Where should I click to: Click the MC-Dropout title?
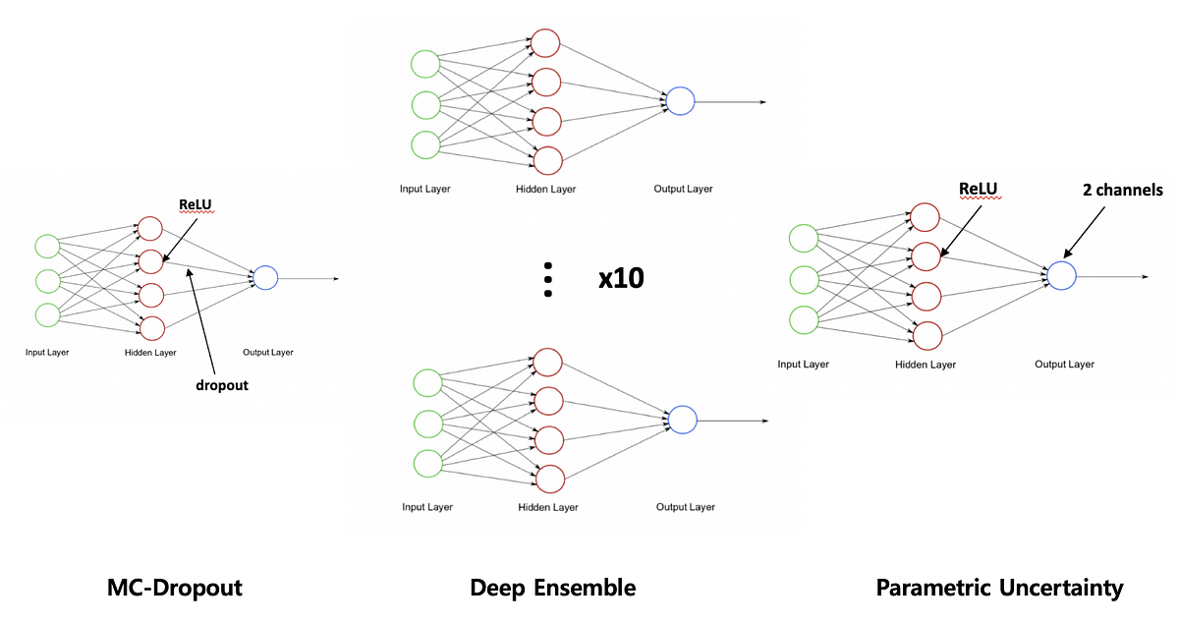click(174, 589)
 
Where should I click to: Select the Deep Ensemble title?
click(553, 589)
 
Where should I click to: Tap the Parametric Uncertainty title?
click(999, 589)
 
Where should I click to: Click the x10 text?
click(621, 279)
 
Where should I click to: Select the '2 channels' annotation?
click(1118, 191)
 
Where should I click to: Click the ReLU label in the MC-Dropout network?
click(196, 204)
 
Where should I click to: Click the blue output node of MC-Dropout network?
click(265, 279)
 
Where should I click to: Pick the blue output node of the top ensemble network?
click(680, 101)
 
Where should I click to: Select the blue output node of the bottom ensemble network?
click(682, 420)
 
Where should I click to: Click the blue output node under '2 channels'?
click(1061, 276)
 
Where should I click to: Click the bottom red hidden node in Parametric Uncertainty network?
click(926, 335)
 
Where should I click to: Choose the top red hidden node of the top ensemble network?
click(545, 44)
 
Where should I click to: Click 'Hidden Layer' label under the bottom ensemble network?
click(547, 507)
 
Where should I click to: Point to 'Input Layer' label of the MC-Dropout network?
click(47, 352)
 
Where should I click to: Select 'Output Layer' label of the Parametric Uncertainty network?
click(1064, 365)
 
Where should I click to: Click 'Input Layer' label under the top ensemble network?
click(425, 189)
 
